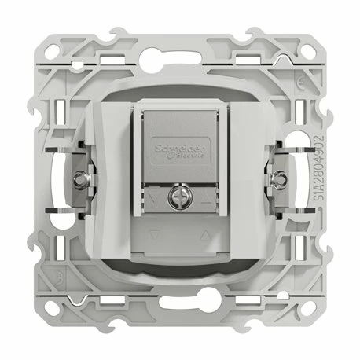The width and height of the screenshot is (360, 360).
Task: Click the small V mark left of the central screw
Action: pyautogui.click(x=155, y=199)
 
